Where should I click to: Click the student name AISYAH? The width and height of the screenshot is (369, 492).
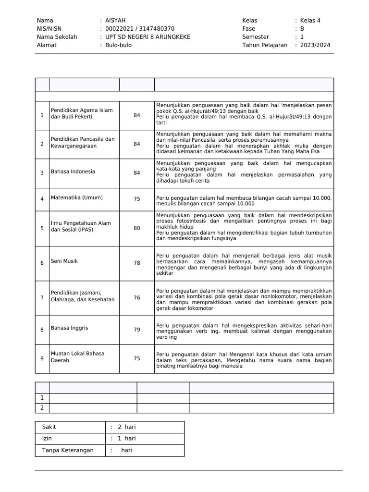[x=115, y=21]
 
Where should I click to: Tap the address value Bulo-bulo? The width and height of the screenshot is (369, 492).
[x=118, y=45]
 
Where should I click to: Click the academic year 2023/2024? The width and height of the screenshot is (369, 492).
[x=315, y=45]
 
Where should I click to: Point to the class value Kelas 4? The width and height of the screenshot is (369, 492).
[x=310, y=21]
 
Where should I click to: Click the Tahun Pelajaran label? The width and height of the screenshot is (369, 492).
[x=265, y=45]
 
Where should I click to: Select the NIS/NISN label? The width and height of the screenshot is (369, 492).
[x=49, y=29]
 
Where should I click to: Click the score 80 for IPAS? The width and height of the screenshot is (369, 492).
[x=137, y=228]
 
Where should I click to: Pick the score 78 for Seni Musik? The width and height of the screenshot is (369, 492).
[x=137, y=263]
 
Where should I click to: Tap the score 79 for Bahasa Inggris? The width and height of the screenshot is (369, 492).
[x=137, y=330]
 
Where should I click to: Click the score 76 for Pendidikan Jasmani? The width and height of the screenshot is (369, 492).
[x=137, y=298]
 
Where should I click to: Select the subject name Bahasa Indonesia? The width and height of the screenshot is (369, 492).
[x=73, y=172]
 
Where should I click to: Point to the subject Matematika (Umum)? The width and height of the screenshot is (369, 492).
[x=77, y=197]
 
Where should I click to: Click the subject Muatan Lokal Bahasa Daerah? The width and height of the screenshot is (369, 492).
[x=77, y=357]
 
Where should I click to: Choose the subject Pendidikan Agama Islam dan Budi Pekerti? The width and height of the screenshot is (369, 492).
[x=82, y=113]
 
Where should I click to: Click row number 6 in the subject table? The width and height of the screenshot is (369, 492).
[x=42, y=263]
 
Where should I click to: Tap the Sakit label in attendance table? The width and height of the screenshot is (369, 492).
[x=49, y=427]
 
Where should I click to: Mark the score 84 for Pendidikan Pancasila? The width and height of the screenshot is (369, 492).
[x=137, y=144]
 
